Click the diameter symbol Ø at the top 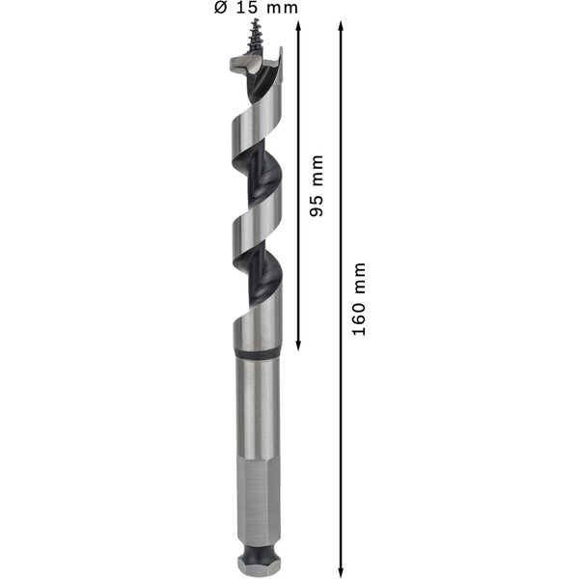(220, 8)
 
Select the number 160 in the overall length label (359, 319)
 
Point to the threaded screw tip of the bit (255, 37)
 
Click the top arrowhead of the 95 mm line (298, 26)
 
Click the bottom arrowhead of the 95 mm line (298, 345)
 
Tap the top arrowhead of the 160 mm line (342, 26)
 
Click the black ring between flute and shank (257, 353)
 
